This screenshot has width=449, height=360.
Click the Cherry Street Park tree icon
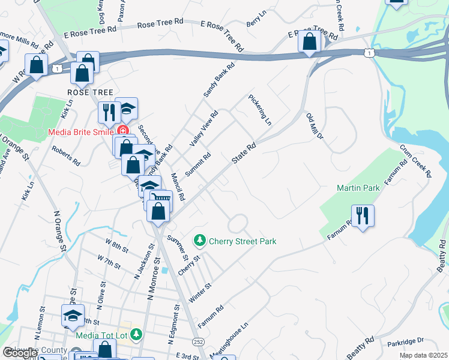click(x=200, y=241)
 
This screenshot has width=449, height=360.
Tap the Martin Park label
click(x=358, y=188)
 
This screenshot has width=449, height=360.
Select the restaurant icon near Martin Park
click(x=363, y=215)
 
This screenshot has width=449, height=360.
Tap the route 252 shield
click(x=197, y=340)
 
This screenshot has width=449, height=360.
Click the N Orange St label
click(x=59, y=230)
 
